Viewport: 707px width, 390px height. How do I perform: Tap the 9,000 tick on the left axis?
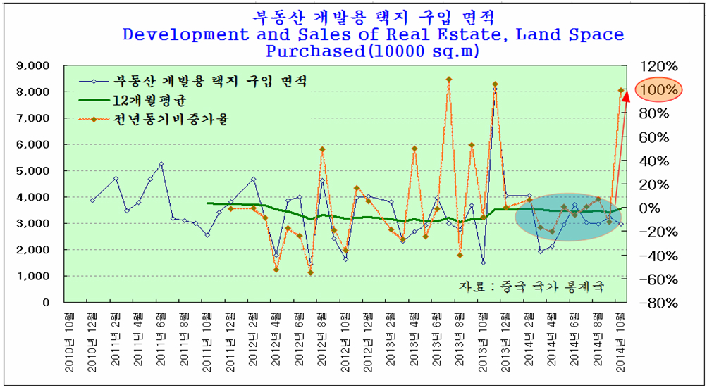30,65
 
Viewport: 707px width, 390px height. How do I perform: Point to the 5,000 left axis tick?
30,170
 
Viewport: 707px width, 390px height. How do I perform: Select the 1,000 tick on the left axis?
30,276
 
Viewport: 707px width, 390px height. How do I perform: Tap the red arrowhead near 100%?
626,96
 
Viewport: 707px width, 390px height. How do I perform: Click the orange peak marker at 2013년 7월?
449,80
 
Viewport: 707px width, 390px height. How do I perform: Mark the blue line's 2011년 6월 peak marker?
161,164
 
